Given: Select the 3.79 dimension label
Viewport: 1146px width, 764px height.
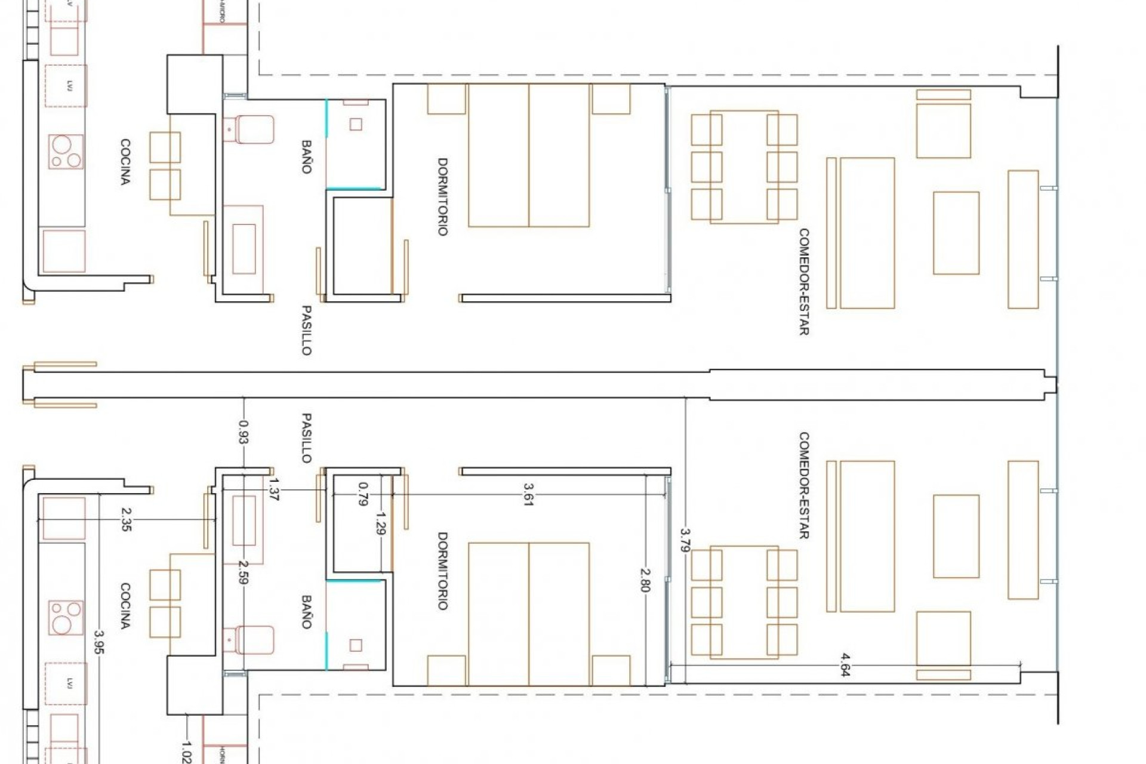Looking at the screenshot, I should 685,540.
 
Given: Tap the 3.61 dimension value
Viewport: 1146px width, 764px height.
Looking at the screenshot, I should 528,494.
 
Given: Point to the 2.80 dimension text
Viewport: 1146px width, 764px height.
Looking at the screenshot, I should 645,580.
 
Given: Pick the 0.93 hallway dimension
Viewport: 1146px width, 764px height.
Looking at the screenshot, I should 244,432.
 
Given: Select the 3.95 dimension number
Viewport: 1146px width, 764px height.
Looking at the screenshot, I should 99,642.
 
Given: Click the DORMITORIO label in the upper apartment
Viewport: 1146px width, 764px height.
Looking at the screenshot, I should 442,197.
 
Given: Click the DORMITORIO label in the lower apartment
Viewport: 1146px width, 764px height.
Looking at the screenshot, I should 442,571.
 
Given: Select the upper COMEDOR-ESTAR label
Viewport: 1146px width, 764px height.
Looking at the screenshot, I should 803,282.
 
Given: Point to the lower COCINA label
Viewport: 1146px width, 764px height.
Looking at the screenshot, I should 125,606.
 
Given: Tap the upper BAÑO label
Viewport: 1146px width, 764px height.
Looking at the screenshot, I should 306,157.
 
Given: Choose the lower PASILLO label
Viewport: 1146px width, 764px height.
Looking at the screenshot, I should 306,438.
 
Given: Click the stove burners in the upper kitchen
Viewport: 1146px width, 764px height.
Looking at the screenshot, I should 65,152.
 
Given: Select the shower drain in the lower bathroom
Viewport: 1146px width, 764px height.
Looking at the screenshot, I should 356,645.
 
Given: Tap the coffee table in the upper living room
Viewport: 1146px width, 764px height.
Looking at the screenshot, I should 956,233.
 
